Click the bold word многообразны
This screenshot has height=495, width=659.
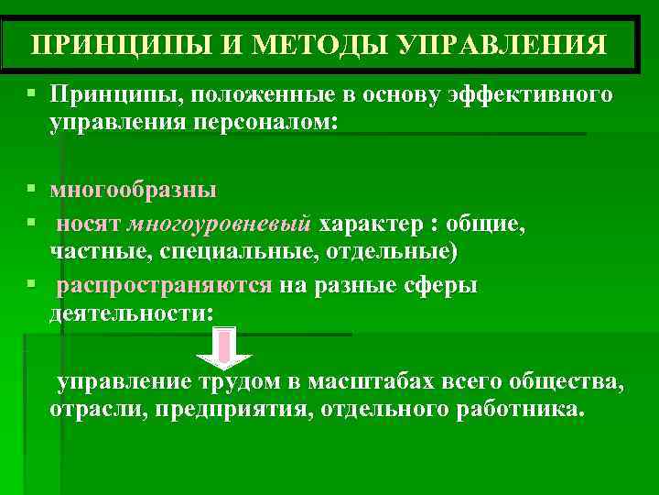point(134,191)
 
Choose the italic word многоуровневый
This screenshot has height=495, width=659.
point(220,225)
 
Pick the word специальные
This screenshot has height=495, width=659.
point(236,250)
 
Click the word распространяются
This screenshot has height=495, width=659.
point(164,286)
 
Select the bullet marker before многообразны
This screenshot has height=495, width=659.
point(31,191)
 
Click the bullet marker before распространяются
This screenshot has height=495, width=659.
point(31,285)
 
